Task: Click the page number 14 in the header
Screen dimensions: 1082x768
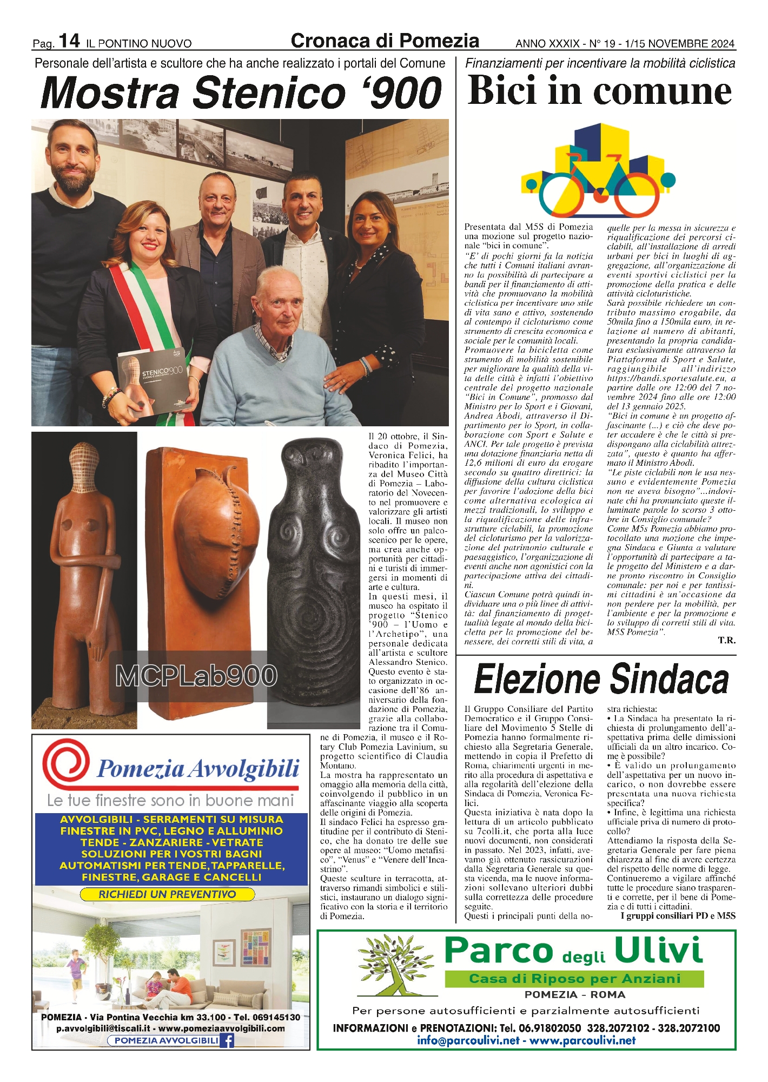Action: (69, 41)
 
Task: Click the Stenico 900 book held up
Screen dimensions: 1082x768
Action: (153, 379)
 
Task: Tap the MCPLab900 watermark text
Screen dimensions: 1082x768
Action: (196, 676)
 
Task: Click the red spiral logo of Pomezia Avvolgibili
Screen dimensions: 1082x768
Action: (65, 764)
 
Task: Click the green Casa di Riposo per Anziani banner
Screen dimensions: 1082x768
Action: (574, 978)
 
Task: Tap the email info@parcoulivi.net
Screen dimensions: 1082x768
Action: (468, 1040)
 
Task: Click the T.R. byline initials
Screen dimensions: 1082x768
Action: (726, 641)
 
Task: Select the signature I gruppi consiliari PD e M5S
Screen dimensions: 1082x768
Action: (678, 915)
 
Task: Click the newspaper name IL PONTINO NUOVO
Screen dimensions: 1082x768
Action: (139, 43)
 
